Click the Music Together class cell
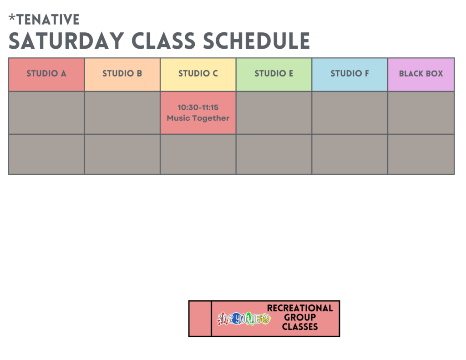(198, 113)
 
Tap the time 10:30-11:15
(198, 107)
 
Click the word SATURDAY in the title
(66, 41)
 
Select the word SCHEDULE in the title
(257, 41)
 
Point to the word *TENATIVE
(44, 20)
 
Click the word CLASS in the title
(163, 41)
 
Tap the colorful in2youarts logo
(244, 319)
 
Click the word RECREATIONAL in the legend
(300, 308)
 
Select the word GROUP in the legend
(300, 318)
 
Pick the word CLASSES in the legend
(300, 327)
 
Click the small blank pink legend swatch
(200, 319)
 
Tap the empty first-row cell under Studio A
(46, 113)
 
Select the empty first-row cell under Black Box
(421, 113)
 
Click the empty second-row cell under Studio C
(198, 154)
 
